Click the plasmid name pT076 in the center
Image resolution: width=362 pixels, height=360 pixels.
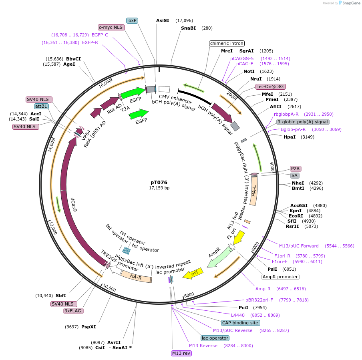point(159,182)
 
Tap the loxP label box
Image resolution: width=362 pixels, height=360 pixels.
point(132,20)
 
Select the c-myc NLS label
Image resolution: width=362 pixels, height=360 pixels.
point(111,27)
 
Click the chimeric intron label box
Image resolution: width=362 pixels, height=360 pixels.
point(227,43)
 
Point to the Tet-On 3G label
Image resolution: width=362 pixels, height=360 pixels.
point(271,86)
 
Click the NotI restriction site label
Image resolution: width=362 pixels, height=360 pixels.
point(249,71)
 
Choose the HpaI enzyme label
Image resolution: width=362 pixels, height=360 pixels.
point(290,137)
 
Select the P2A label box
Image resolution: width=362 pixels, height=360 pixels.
point(296,169)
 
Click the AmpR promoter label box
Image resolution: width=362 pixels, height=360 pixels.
point(280,277)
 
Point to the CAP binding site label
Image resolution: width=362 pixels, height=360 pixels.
point(240,323)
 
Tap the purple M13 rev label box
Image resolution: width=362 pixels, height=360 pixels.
point(181,353)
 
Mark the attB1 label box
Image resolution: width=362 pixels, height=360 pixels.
point(41,106)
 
